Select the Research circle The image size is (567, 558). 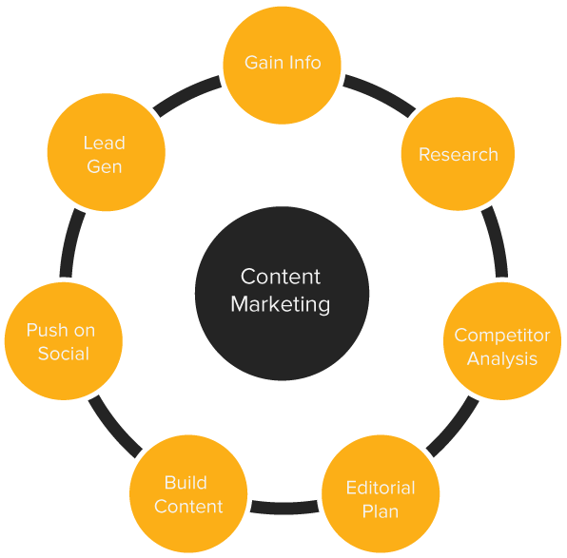pyautogui.click(x=458, y=154)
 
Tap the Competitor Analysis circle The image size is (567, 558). pyautogui.click(x=501, y=346)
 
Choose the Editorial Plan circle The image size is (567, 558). pyautogui.click(x=380, y=499)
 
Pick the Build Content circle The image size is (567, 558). pyautogui.click(x=188, y=494)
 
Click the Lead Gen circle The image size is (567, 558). pyautogui.click(x=106, y=154)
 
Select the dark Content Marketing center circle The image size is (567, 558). pyautogui.click(x=282, y=290)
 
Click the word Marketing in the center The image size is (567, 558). pyautogui.click(x=281, y=305)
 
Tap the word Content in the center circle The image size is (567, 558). pyautogui.click(x=281, y=277)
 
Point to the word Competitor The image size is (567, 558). pyautogui.click(x=501, y=336)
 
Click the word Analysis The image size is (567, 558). pyautogui.click(x=501, y=358)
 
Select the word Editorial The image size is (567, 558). pyautogui.click(x=381, y=488)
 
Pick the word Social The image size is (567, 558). pyautogui.click(x=63, y=354)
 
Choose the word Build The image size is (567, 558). pyautogui.click(x=186, y=483)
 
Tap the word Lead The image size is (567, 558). pyautogui.click(x=104, y=143)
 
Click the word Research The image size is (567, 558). pyautogui.click(x=458, y=154)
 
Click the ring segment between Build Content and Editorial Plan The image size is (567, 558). pyautogui.click(x=283, y=507)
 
